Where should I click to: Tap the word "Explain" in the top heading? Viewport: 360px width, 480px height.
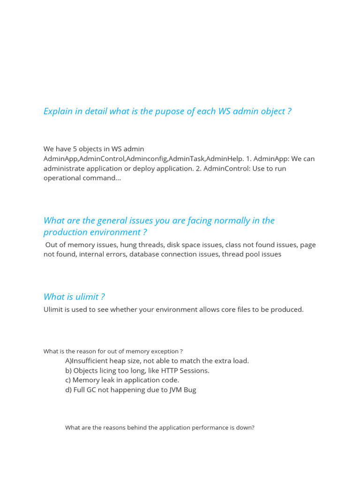58,112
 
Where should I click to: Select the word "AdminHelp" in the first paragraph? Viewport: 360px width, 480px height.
225,159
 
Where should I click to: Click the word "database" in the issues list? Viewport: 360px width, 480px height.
143,255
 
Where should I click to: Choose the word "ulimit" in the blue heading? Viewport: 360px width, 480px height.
84,297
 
